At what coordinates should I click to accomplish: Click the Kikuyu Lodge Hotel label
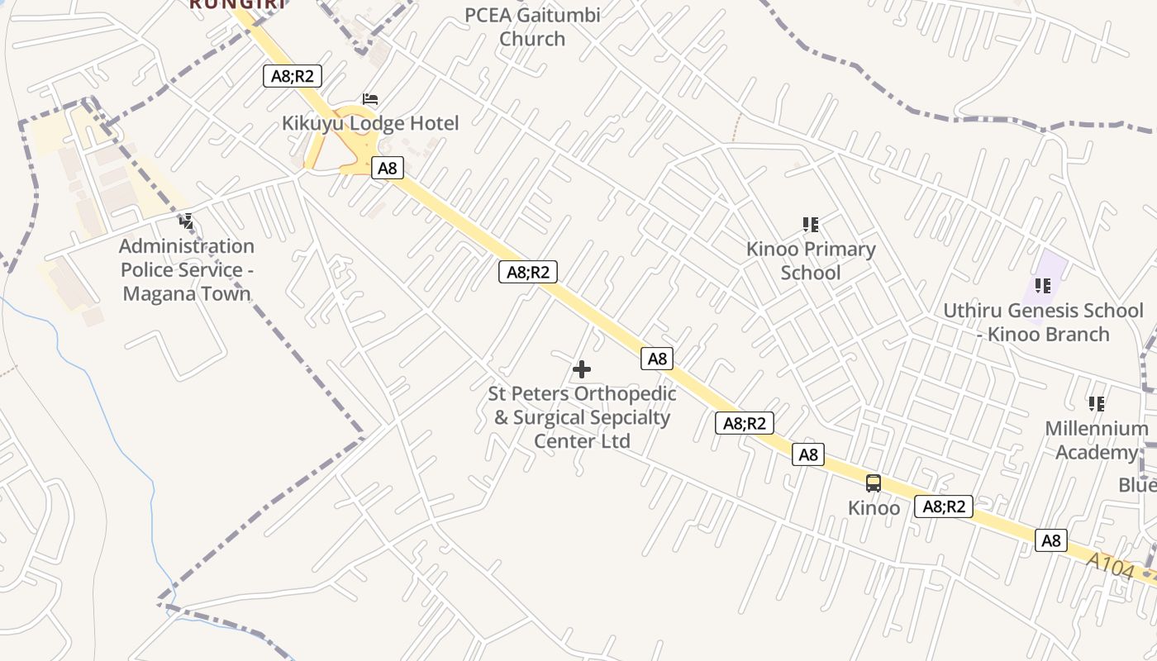tap(370, 124)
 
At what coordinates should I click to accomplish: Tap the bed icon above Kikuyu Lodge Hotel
tap(370, 100)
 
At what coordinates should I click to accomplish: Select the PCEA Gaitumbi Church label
tap(532, 26)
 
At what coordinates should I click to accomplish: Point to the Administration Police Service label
tap(187, 269)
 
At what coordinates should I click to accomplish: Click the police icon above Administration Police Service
tap(187, 221)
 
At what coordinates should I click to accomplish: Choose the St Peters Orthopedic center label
tap(582, 417)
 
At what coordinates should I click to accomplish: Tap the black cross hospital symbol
tap(582, 369)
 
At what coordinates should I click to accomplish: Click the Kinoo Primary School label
tap(811, 260)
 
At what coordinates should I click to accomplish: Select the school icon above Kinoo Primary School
tap(811, 224)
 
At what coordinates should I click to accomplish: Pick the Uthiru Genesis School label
tap(1043, 322)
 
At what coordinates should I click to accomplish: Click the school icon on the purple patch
tap(1043, 286)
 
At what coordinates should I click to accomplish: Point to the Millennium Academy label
tap(1096, 440)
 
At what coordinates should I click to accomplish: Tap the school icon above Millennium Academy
tap(1097, 404)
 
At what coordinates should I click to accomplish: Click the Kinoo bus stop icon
tap(874, 483)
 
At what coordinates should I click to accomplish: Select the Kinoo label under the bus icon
tap(874, 508)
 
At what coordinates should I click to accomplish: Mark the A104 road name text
tap(1109, 566)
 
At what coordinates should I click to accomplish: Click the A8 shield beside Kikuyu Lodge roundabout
tap(387, 169)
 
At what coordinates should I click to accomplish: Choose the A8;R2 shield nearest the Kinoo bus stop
tap(943, 506)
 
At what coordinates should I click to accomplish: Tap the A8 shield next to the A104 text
tap(1050, 540)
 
